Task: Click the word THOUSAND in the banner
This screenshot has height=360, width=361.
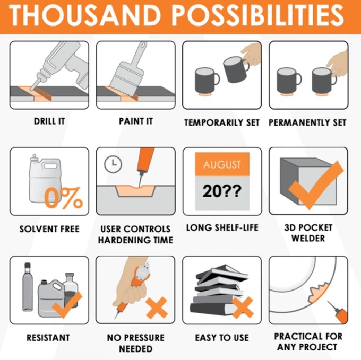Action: tap(85, 15)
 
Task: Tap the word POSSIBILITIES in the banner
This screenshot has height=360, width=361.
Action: tap(258, 15)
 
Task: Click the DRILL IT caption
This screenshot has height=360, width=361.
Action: tap(49, 121)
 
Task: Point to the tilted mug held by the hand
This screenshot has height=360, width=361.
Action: tap(235, 69)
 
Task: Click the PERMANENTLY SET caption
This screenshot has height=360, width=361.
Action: tap(307, 122)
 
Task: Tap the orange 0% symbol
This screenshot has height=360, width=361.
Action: tap(63, 198)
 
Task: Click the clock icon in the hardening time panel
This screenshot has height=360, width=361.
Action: tap(113, 164)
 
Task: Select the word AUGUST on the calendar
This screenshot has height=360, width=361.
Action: tap(222, 164)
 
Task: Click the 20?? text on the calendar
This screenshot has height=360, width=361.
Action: tap(222, 191)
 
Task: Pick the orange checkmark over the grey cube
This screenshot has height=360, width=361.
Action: tap(315, 185)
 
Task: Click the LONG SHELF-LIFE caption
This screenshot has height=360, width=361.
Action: tap(222, 227)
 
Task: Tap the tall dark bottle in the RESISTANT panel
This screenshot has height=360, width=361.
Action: tap(28, 287)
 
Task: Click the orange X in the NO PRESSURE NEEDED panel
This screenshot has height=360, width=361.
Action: tap(157, 308)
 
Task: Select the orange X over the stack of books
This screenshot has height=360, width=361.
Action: tap(243, 308)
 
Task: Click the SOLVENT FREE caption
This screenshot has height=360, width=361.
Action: tap(49, 229)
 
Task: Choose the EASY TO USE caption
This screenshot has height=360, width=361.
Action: tap(222, 338)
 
